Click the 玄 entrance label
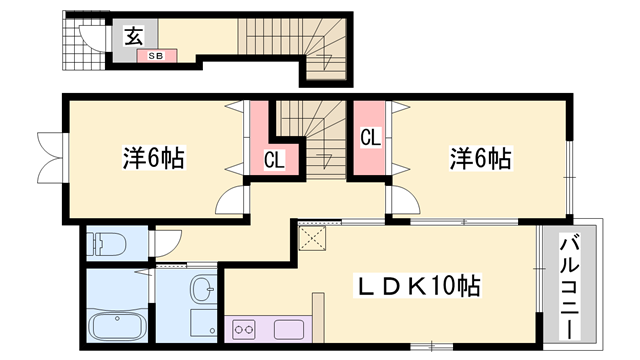click(132, 36)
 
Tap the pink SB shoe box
click(157, 56)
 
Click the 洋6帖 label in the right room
click(480, 157)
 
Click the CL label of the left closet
click(274, 158)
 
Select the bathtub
click(118, 328)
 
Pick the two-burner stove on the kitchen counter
click(246, 328)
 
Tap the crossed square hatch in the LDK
click(315, 238)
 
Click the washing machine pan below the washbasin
click(203, 323)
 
